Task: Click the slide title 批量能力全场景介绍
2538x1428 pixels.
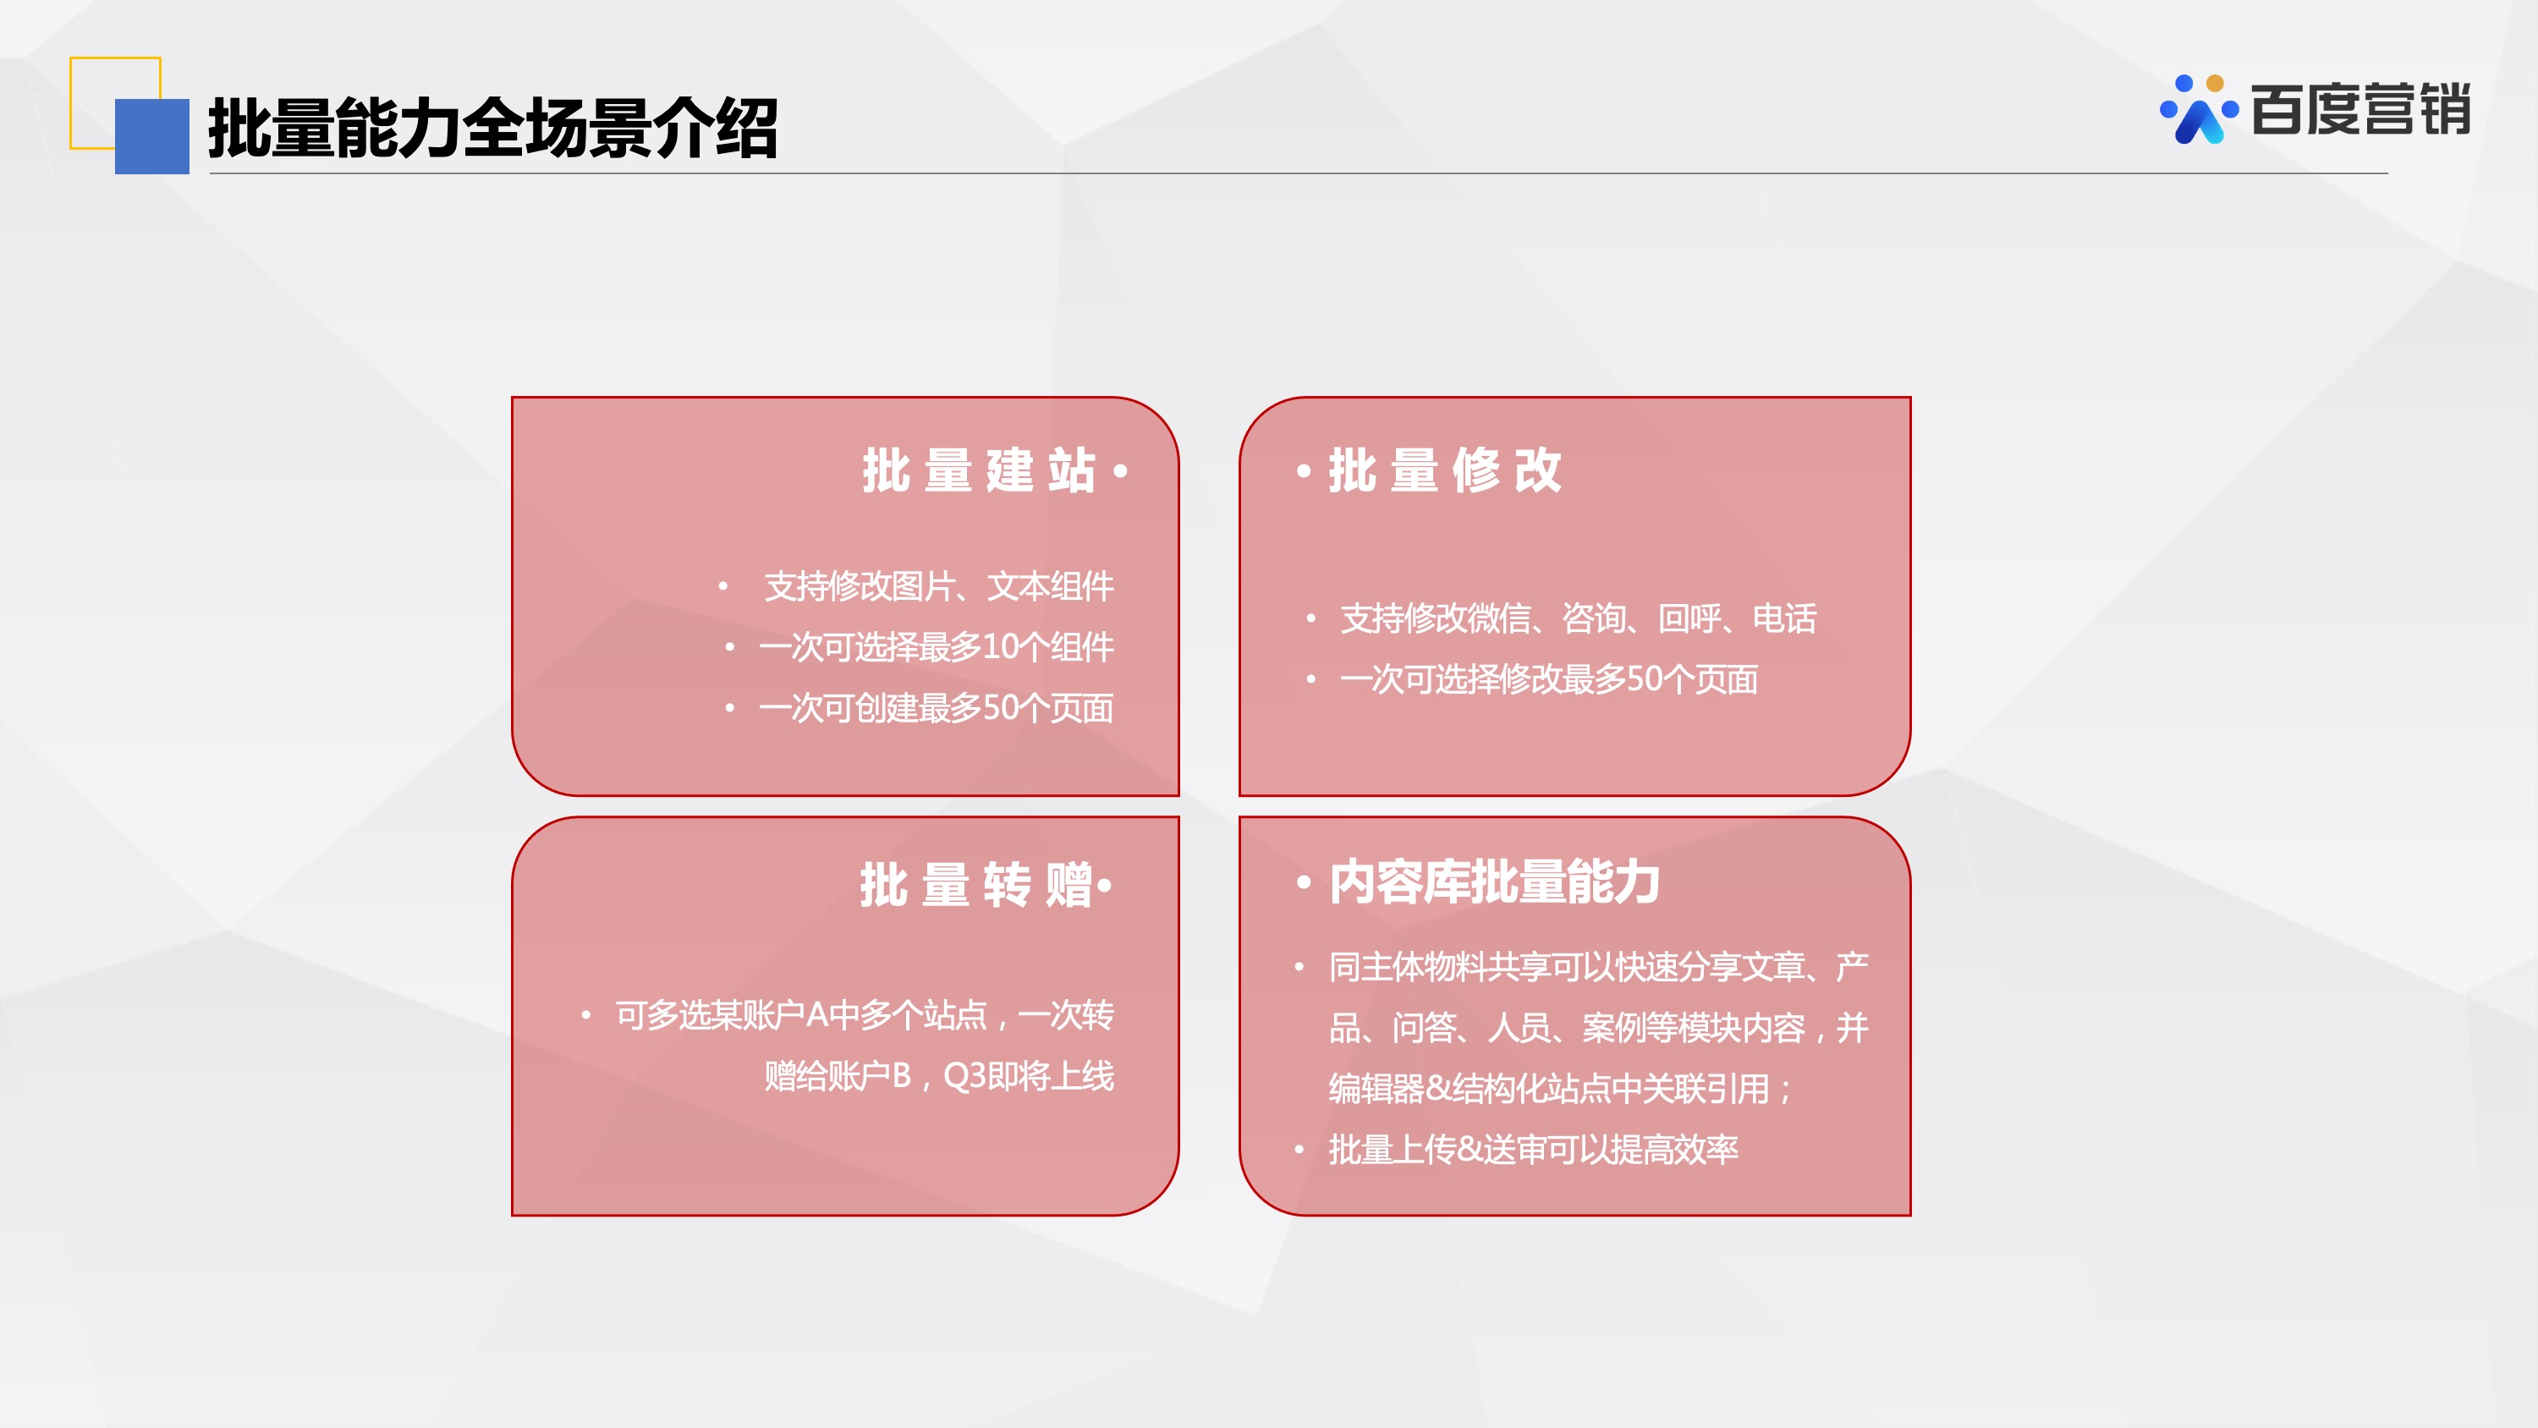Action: pos(492,128)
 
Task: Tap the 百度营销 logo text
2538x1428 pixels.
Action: pos(2360,108)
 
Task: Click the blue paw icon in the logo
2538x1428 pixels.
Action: pos(2198,109)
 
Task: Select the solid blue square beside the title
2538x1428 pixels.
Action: pos(151,136)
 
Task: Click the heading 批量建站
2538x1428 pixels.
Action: pos(978,470)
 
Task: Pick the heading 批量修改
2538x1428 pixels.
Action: pos(1444,470)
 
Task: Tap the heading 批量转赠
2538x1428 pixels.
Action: pos(975,884)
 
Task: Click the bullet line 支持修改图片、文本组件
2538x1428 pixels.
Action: pos(939,586)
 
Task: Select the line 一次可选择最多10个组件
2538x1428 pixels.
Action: pos(936,646)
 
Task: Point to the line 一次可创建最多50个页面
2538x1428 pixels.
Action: pos(936,707)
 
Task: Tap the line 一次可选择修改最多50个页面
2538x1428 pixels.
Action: pos(1549,679)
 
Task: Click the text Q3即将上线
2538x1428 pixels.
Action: pos(1029,1075)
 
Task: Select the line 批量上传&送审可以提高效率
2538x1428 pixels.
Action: pos(1533,1149)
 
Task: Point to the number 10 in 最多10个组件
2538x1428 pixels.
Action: pos(1000,647)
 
